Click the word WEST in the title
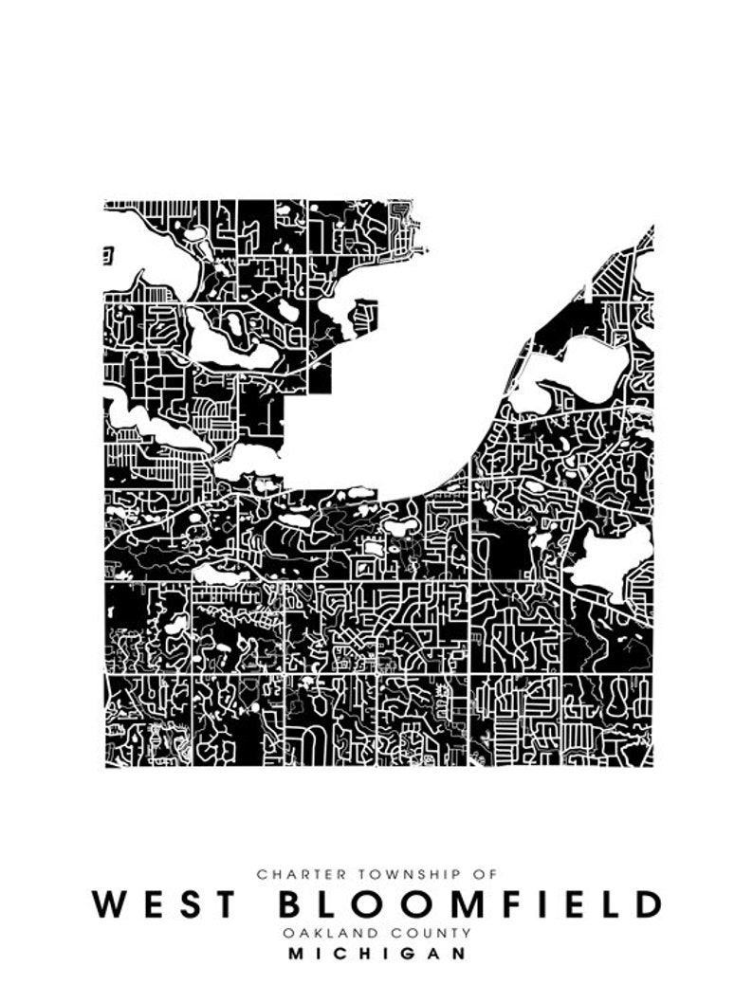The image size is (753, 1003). coord(163,903)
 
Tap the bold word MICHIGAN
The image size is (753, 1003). coord(376,954)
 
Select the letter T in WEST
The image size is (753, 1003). coord(223,903)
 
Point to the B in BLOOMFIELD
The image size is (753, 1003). coord(291,903)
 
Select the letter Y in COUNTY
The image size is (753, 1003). coord(466,933)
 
